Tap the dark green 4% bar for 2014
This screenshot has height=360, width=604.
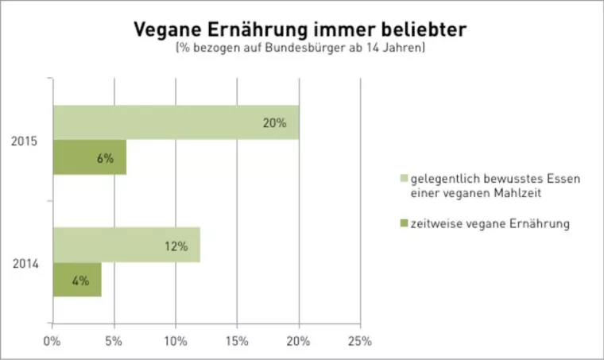click(x=77, y=280)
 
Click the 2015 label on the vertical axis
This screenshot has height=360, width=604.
click(x=24, y=141)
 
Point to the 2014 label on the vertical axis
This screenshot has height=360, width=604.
click(x=24, y=263)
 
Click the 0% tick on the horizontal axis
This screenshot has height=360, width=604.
click(x=52, y=342)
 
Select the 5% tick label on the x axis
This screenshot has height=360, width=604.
click(x=114, y=342)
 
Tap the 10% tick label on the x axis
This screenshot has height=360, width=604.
click(x=175, y=342)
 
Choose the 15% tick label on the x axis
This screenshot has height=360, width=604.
click(x=237, y=342)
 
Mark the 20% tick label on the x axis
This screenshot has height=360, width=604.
click(x=298, y=342)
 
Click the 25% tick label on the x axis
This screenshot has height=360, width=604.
click(x=359, y=342)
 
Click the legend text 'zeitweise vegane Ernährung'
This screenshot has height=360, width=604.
click(x=490, y=224)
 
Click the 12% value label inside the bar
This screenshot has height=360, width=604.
click(x=176, y=246)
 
